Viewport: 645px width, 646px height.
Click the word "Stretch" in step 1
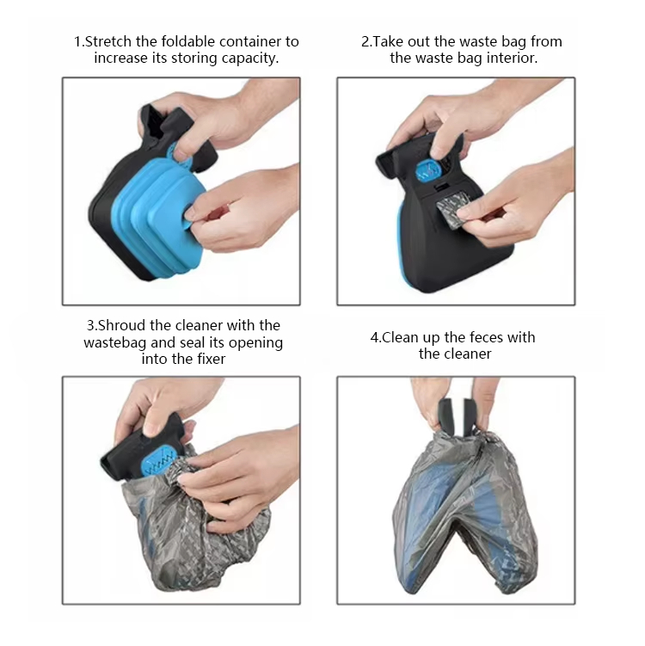[x=108, y=41]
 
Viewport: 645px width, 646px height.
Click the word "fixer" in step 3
[x=211, y=359]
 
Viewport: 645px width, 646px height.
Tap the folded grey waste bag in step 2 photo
[x=451, y=209]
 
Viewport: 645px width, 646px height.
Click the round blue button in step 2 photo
[x=428, y=172]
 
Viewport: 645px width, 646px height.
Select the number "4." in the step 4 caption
[x=376, y=337]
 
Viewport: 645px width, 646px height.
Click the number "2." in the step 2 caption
[x=366, y=41]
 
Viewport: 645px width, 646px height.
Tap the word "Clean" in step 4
[x=398, y=337]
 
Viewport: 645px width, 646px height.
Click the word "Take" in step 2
[x=389, y=41]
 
